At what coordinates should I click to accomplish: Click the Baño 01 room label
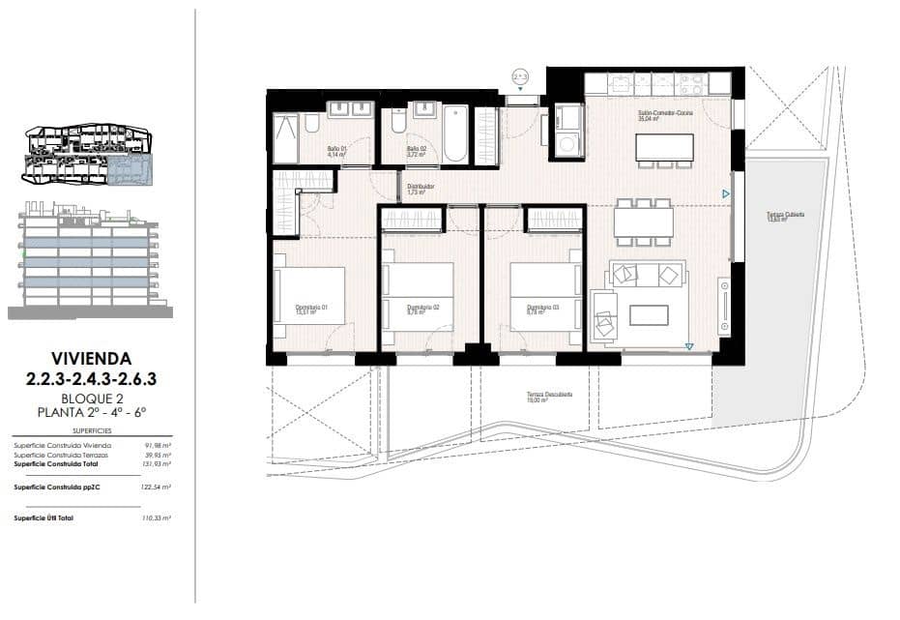point(335,149)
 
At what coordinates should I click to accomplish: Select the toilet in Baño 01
point(312,123)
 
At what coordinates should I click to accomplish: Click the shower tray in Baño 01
point(286,137)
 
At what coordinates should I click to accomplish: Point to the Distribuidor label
point(420,188)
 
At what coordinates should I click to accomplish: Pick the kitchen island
point(664,146)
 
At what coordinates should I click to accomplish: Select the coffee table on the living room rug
point(648,315)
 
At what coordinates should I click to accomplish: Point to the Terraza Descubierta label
point(549,395)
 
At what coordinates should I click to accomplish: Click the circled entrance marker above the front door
point(519,75)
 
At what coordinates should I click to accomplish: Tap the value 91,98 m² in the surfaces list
point(158,445)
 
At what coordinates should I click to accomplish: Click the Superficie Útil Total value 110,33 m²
point(156,519)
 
